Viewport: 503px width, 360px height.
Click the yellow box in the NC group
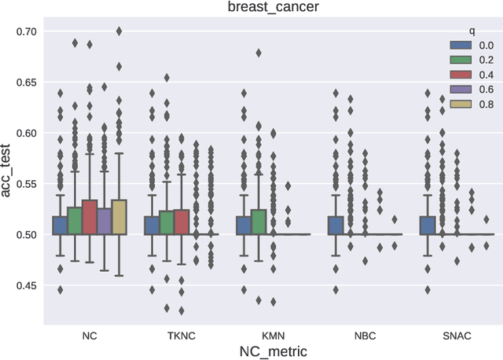(x=119, y=217)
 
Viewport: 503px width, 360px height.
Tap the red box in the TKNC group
(x=181, y=222)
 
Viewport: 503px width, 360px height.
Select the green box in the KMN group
(x=257, y=222)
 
